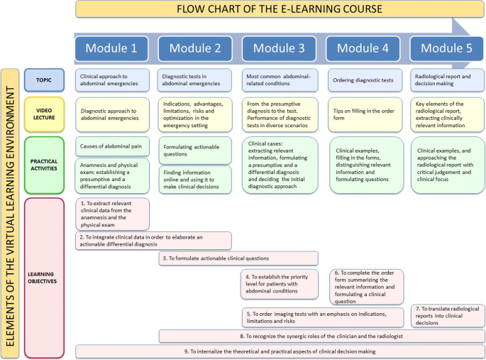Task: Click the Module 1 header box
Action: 111,48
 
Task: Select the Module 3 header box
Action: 279,48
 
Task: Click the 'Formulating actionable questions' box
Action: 195,150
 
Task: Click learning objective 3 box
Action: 238,258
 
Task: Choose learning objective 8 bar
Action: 321,335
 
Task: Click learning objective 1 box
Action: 113,213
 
